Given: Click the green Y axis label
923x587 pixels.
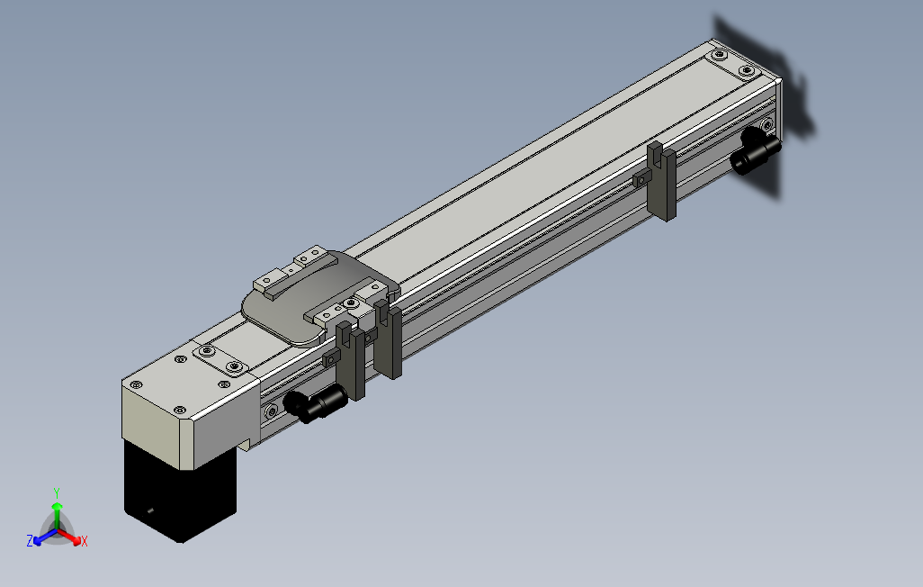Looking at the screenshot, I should (56, 492).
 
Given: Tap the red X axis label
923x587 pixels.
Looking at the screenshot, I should (84, 541).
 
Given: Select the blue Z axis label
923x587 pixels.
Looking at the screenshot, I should (30, 541).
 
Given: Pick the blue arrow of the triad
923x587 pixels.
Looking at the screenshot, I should (40, 537).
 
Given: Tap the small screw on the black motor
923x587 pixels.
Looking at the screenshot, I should (150, 510).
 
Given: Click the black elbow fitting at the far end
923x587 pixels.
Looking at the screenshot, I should (754, 152).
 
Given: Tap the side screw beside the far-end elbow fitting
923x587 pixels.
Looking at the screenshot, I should (766, 124).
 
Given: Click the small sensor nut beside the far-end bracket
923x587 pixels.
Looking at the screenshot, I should (641, 179).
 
